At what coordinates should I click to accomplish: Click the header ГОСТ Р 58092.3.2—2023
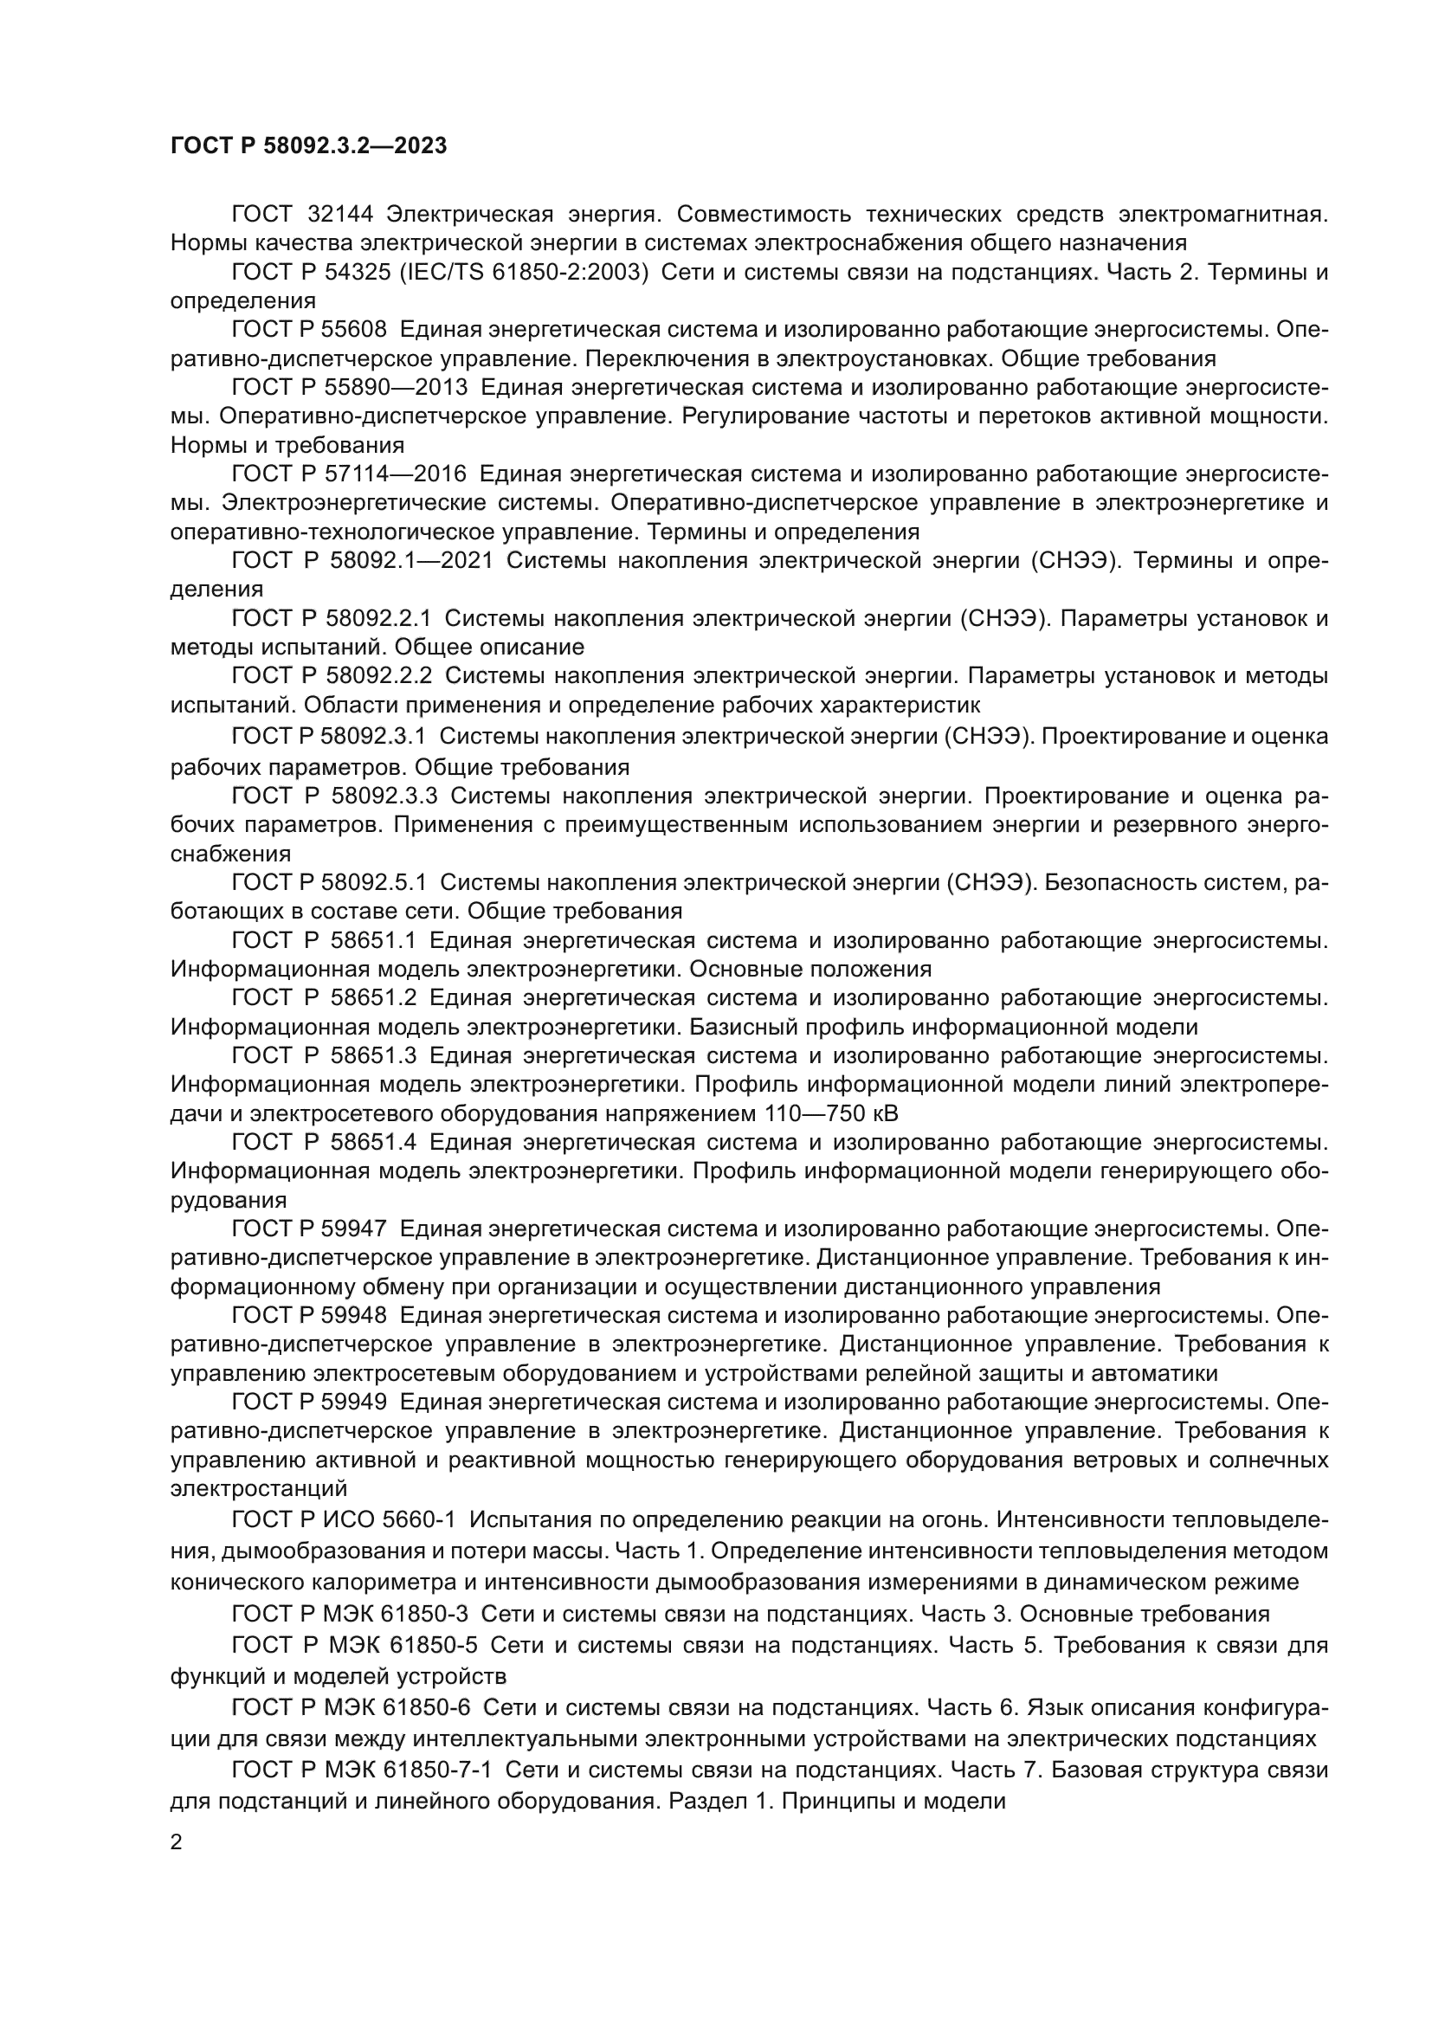coord(308,145)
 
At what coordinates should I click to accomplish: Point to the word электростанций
coord(258,1489)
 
